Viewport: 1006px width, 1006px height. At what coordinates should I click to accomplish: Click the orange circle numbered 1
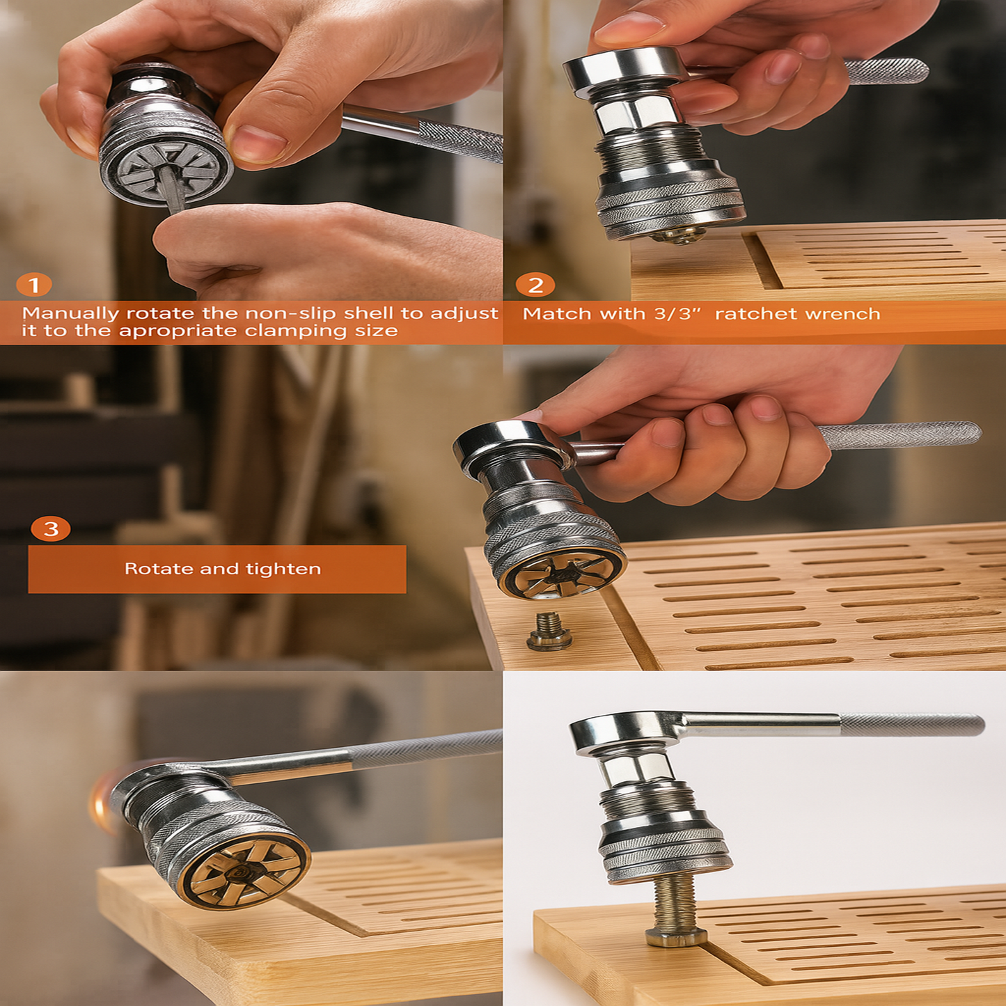tap(33, 285)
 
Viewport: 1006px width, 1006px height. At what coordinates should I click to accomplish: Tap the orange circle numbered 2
tap(535, 285)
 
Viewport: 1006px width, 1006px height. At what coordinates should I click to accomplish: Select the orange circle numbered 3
tap(51, 528)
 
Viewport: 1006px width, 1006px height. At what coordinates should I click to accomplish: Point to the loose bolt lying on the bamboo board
tap(549, 631)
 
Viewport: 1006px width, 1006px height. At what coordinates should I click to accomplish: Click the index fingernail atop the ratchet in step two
tap(622, 29)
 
